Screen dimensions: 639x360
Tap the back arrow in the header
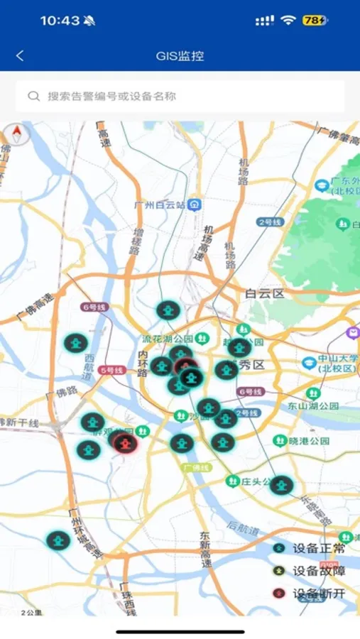tap(20, 55)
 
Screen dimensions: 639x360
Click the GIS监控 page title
tap(180, 55)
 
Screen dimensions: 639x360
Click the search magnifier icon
tap(33, 96)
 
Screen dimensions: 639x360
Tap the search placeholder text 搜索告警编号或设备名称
tap(111, 96)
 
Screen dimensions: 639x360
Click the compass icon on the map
tap(17, 133)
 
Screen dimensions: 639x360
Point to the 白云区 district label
tap(264, 293)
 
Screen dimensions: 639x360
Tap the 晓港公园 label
tap(310, 440)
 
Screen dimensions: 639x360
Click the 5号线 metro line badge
tap(111, 370)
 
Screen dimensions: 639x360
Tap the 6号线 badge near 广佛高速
tap(94, 307)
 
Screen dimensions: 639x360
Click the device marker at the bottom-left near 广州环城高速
tap(58, 540)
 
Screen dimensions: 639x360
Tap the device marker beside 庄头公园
tap(281, 485)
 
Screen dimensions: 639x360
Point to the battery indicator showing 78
tap(315, 21)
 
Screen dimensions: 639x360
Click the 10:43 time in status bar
tap(60, 21)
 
